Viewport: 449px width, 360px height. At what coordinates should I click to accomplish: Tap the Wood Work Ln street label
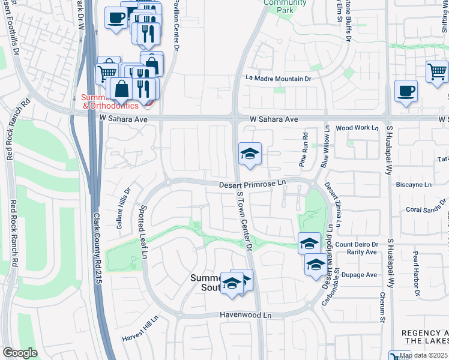click(x=357, y=128)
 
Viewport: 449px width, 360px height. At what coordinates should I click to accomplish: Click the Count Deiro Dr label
click(x=357, y=244)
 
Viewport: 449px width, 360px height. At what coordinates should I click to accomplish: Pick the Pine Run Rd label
click(x=304, y=150)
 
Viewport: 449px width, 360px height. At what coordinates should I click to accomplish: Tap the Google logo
click(x=20, y=353)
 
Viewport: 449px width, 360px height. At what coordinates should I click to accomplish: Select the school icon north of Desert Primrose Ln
click(x=250, y=154)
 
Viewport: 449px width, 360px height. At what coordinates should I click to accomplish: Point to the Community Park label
click(x=285, y=6)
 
